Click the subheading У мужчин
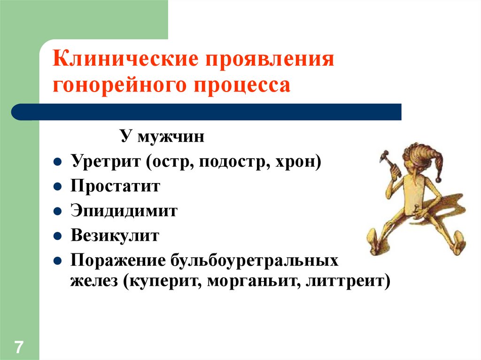pos(162,138)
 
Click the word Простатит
pos(116,186)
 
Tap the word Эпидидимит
pos(124,211)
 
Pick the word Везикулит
pos(116,235)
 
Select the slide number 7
pos(19,348)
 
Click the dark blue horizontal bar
pos(207,112)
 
